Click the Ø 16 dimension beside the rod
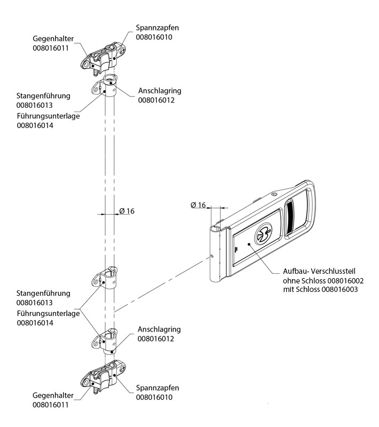(x=127, y=211)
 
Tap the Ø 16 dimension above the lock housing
(x=198, y=205)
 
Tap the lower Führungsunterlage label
(x=48, y=314)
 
